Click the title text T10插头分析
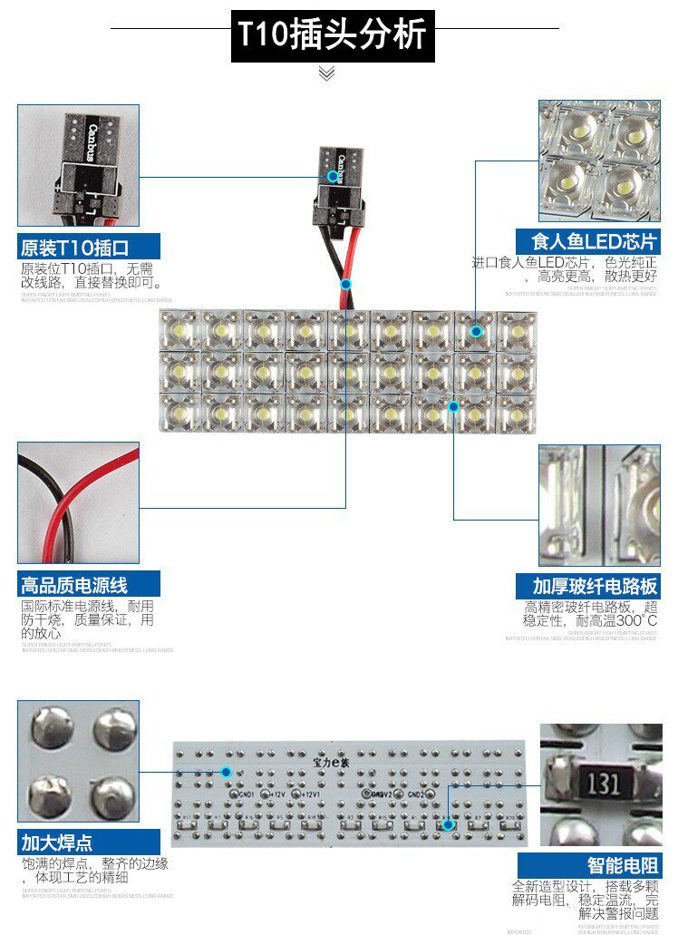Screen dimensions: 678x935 (x=332, y=35)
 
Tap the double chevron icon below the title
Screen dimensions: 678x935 (x=327, y=73)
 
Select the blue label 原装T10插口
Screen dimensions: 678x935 (x=75, y=247)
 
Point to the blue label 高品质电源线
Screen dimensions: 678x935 (x=75, y=585)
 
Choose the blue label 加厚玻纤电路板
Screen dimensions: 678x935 (x=588, y=585)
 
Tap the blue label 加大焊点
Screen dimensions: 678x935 (x=57, y=842)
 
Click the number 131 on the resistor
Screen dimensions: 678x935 (x=600, y=782)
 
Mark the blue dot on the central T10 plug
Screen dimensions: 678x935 (x=333, y=176)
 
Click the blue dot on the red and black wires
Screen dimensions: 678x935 (x=345, y=284)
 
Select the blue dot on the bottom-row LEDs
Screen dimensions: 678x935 (x=453, y=406)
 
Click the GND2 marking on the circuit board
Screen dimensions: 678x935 (x=415, y=794)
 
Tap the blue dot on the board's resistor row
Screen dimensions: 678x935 (x=447, y=825)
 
